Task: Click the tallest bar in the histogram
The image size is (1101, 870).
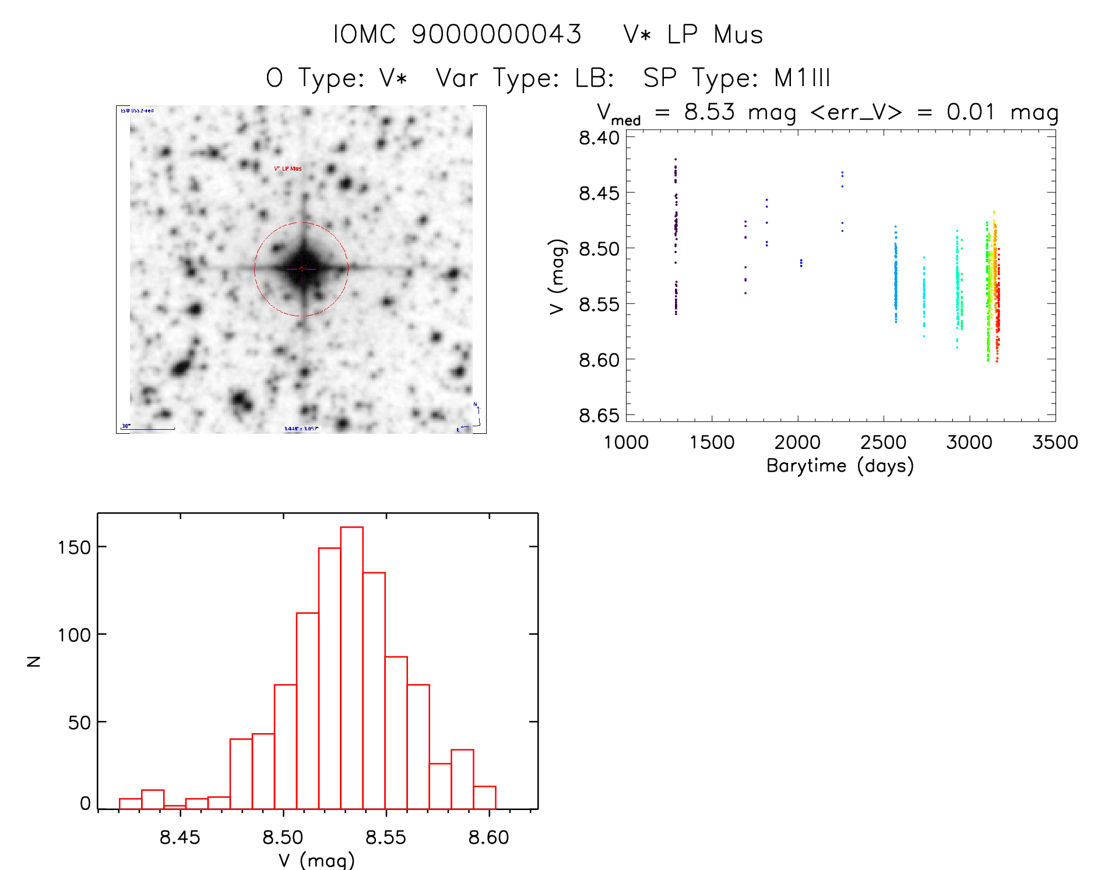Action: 351,667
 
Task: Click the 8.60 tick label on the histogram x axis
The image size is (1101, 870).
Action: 488,837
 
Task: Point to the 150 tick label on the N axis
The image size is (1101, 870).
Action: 75,547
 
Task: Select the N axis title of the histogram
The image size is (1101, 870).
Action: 34,661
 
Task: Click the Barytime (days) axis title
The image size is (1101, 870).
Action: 840,466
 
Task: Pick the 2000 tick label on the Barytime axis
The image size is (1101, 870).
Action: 797,443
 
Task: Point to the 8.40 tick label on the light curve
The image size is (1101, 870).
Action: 599,138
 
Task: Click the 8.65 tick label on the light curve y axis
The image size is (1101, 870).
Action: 599,416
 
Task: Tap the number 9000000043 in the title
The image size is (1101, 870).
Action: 497,34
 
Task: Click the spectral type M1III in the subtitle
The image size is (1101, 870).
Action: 802,78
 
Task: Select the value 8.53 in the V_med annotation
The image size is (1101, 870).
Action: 709,112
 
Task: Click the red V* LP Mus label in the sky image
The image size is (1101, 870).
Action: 288,169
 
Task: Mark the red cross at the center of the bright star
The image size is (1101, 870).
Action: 301,268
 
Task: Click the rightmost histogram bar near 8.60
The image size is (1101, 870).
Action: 484,798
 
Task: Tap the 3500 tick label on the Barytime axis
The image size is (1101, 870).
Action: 1055,443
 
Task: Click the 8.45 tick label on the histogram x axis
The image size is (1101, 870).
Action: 180,837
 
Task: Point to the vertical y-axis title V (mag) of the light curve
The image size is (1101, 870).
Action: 558,277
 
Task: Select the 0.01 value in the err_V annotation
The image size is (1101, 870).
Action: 970,112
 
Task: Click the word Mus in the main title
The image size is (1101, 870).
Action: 738,34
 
